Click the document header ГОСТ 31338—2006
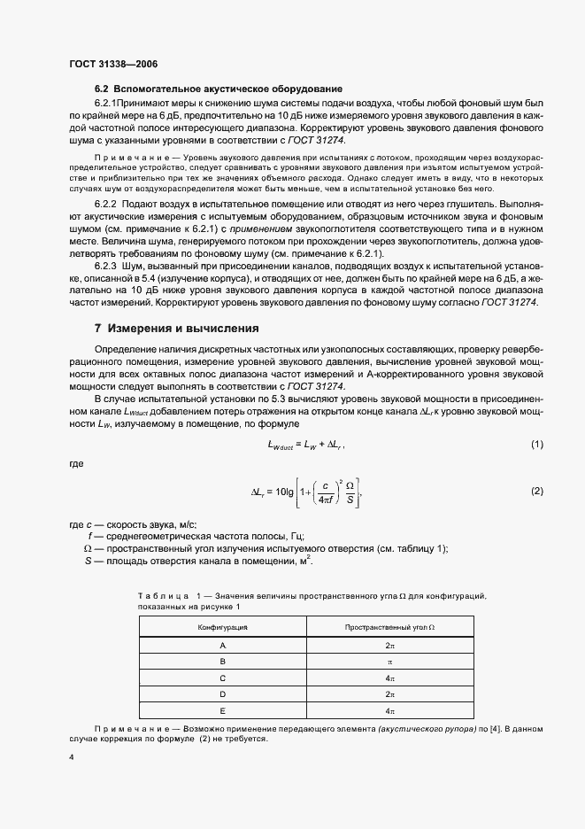pyautogui.click(x=113, y=63)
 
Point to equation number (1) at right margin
pyautogui.click(x=536, y=444)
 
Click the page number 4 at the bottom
pyautogui.click(x=71, y=758)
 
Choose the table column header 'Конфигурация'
pyautogui.click(x=222, y=626)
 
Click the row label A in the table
pyautogui.click(x=222, y=646)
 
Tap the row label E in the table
pyautogui.click(x=222, y=710)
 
